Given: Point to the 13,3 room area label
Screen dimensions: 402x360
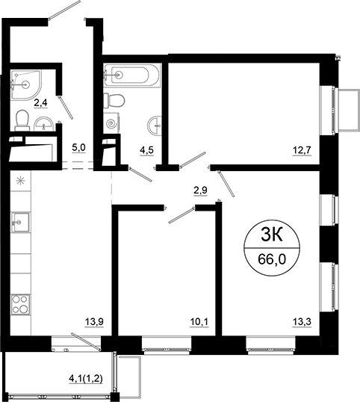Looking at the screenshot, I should tap(302, 324).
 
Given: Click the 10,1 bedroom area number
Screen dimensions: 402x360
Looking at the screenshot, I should tap(199, 324).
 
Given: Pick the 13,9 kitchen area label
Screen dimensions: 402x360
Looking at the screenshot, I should tap(93, 323).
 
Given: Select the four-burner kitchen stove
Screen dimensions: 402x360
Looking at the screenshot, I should tap(21, 306).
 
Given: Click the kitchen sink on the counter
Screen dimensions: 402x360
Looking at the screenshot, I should tap(21, 221).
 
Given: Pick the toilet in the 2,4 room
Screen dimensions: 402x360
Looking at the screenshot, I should tap(22, 118).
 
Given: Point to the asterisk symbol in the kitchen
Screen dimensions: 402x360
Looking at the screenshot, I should tap(21, 179).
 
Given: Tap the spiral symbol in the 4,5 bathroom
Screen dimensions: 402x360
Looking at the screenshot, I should tap(112, 123).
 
